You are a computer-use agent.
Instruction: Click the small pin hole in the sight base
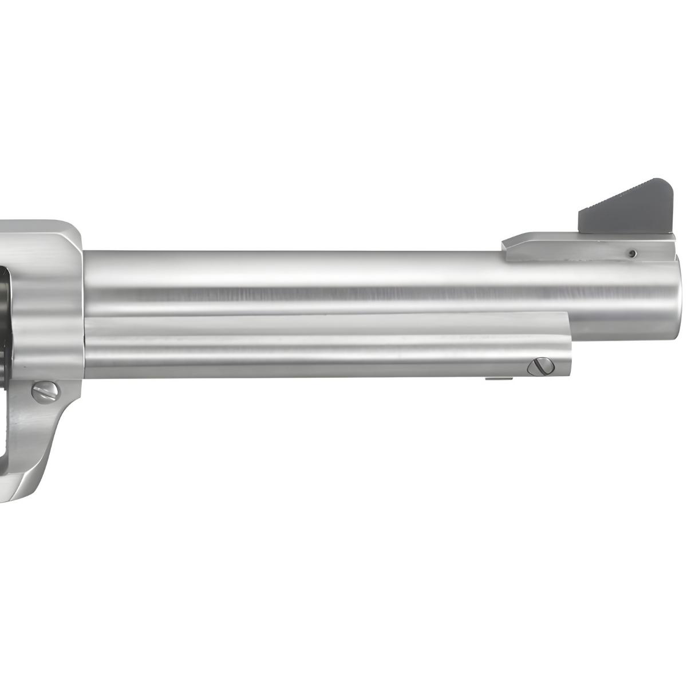tap(631, 252)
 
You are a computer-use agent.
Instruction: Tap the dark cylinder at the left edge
tap(5, 321)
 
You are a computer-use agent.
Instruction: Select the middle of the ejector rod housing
tap(326, 343)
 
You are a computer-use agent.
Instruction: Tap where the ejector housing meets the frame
tap(86, 343)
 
